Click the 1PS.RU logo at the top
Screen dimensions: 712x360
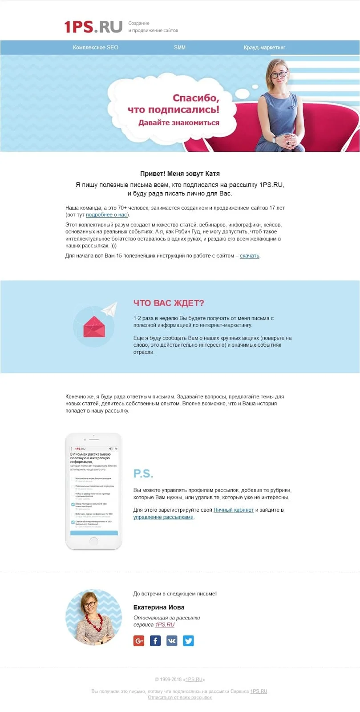[x=93, y=27]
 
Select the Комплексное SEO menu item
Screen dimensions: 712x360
[x=96, y=47]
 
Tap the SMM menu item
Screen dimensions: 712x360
[x=180, y=47]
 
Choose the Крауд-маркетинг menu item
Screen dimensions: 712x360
[x=264, y=47]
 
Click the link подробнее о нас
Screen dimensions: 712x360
[x=107, y=215]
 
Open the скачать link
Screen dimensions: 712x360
[x=249, y=256]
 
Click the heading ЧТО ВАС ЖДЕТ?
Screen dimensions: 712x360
[x=169, y=303]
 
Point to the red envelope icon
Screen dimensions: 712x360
[x=94, y=327]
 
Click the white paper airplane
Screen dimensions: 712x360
[x=109, y=309]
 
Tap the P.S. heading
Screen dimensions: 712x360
[x=143, y=473]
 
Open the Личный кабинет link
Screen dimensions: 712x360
[x=234, y=510]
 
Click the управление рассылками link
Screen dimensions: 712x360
[x=163, y=517]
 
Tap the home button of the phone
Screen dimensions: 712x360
[x=93, y=541]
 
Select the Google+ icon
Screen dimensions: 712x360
[x=139, y=641]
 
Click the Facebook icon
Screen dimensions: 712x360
[x=155, y=641]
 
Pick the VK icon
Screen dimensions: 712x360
[x=172, y=641]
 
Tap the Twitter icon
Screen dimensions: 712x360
[x=188, y=641]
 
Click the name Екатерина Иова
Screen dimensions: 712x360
[x=159, y=607]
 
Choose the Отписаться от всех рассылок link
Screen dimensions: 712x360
[x=180, y=698]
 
